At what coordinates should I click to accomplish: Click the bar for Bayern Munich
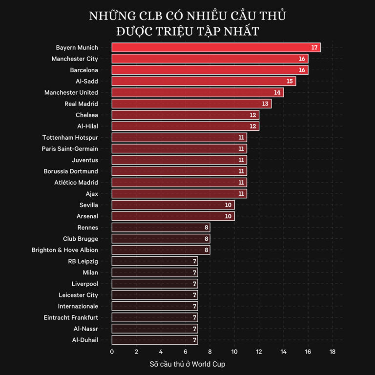[x=216, y=47]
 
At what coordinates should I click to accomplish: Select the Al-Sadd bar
[x=204, y=81]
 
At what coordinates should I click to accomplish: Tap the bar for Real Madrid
[x=191, y=104]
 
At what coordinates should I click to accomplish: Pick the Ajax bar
[x=179, y=194]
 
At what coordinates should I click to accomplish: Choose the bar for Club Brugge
[x=161, y=239]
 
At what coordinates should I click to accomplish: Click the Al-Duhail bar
[x=154, y=340]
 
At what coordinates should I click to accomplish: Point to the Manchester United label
[x=71, y=93]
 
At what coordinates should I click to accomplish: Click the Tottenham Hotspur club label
[x=70, y=138]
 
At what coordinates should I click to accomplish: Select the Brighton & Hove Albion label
[x=65, y=250]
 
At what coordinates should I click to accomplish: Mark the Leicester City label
[x=78, y=295]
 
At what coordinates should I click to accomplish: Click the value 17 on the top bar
[x=315, y=48]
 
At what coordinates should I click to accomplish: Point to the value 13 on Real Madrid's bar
[x=266, y=104]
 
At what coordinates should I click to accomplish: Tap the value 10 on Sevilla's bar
[x=229, y=205]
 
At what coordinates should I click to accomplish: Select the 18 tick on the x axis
[x=333, y=352]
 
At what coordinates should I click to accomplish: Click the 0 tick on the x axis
[x=112, y=352]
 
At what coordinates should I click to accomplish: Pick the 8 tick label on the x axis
[x=210, y=352]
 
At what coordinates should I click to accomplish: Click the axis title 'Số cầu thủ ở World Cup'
[x=187, y=364]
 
